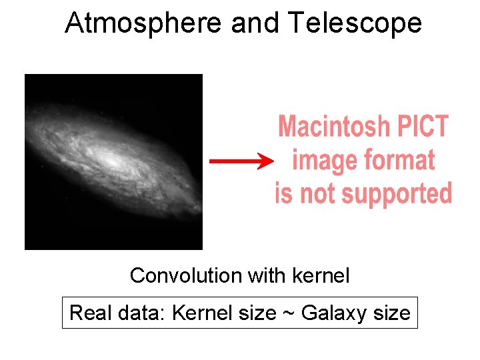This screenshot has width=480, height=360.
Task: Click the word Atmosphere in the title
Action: [x=143, y=23]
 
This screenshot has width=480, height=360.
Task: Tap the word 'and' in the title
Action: [x=256, y=23]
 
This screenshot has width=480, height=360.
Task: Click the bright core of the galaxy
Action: [x=113, y=161]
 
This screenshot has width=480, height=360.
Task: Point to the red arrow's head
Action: [x=266, y=161]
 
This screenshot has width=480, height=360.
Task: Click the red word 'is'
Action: [x=283, y=194]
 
